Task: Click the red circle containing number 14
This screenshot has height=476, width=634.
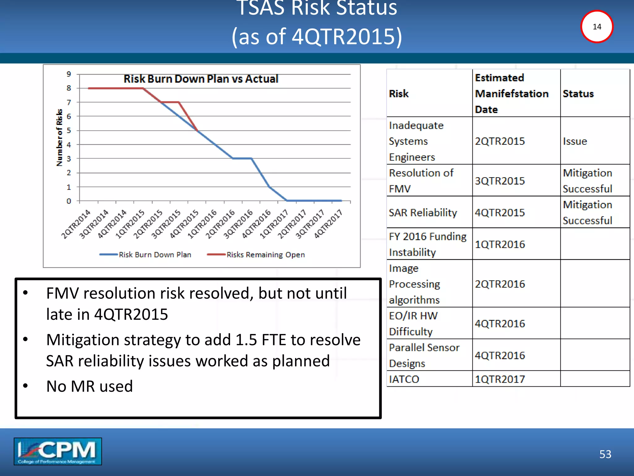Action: point(597,27)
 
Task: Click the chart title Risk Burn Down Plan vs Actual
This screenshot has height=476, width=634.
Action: point(201,79)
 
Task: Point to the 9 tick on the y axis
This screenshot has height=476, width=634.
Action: point(69,74)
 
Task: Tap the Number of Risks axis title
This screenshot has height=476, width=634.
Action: point(59,138)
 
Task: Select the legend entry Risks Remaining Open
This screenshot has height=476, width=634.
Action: point(265,255)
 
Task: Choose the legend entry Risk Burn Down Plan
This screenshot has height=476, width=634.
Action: point(155,255)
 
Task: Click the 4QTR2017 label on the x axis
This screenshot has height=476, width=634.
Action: point(328,224)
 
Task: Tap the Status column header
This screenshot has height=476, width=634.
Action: point(578,94)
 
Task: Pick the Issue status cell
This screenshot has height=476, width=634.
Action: point(575,141)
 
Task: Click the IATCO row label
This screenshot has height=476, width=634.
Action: point(404,379)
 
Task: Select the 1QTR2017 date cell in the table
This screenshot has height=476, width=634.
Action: point(500,379)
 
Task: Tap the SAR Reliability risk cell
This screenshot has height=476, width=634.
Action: point(423,213)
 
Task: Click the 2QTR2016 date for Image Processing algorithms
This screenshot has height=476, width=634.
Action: point(500,284)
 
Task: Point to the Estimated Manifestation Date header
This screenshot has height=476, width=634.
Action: point(511,94)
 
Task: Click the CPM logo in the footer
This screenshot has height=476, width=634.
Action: point(58,451)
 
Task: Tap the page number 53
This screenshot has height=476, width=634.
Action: point(605,454)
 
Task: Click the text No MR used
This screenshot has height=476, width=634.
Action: point(89,386)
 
